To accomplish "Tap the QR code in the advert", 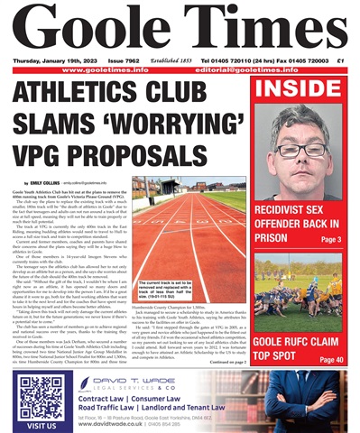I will (40, 397).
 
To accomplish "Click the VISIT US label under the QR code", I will (40, 424).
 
